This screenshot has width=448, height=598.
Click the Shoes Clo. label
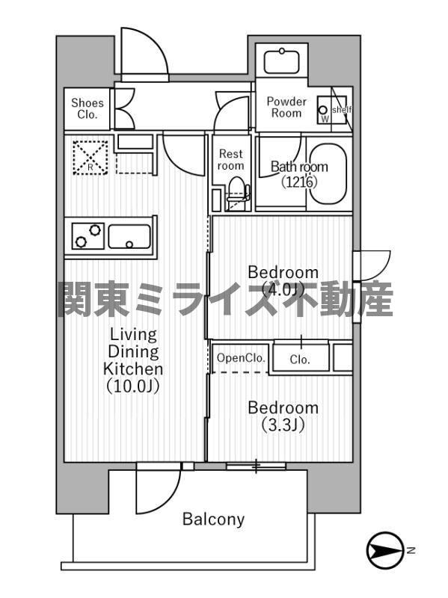(x=88, y=109)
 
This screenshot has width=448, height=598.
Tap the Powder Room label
(x=286, y=107)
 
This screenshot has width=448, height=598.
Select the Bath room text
(x=299, y=174)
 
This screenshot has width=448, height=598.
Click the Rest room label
(x=230, y=159)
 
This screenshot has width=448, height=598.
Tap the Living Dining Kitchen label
(x=133, y=351)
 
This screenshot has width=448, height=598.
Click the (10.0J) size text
(x=133, y=387)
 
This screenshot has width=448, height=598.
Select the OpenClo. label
(x=241, y=359)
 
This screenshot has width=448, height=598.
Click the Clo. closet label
(x=300, y=360)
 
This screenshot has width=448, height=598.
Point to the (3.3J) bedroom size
(x=283, y=426)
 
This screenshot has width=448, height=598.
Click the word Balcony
(x=214, y=519)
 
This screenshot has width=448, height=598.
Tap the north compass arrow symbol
(x=385, y=551)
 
